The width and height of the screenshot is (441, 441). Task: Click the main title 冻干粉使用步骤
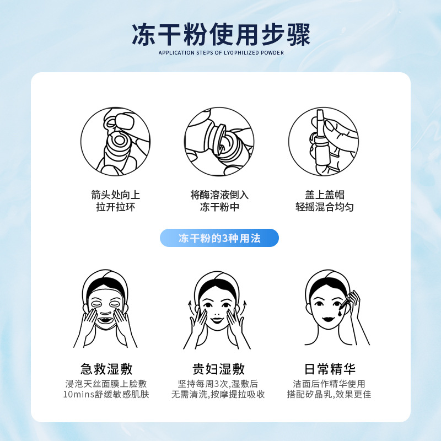pyautogui.click(x=221, y=34)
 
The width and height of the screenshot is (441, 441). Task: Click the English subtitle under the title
pyautogui.click(x=221, y=52)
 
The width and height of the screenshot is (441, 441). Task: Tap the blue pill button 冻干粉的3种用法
pyautogui.click(x=219, y=238)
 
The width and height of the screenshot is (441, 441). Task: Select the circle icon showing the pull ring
pyautogui.click(x=115, y=142)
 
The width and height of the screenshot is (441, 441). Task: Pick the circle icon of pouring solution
pyautogui.click(x=219, y=142)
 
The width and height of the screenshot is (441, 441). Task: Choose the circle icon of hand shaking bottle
pyautogui.click(x=324, y=142)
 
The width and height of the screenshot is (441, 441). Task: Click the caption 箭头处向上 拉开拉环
pyautogui.click(x=115, y=201)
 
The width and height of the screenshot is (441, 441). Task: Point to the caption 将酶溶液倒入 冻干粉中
pyautogui.click(x=219, y=201)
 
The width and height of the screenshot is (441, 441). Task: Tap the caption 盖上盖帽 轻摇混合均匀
pyautogui.click(x=325, y=201)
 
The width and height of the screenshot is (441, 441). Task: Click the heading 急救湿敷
pyautogui.click(x=106, y=369)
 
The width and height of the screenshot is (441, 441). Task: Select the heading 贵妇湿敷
pyautogui.click(x=218, y=369)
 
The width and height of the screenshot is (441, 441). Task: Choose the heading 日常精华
pyautogui.click(x=330, y=369)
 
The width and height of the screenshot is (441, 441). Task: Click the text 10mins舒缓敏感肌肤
pyautogui.click(x=106, y=394)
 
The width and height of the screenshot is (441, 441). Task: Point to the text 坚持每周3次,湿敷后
pyautogui.click(x=218, y=384)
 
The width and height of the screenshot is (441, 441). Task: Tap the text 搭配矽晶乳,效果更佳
pyautogui.click(x=329, y=394)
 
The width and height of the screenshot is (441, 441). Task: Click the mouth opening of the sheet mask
pyautogui.click(x=105, y=320)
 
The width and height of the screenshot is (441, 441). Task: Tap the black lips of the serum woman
pyautogui.click(x=328, y=319)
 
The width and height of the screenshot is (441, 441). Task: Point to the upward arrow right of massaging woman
pyautogui.click(x=244, y=309)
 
